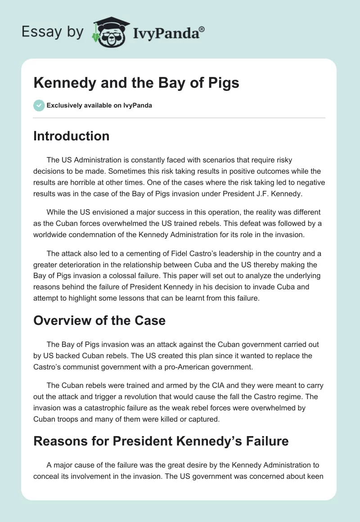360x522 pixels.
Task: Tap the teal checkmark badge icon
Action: (x=39, y=105)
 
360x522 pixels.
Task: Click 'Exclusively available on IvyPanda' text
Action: (x=99, y=106)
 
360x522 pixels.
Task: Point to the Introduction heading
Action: (x=71, y=136)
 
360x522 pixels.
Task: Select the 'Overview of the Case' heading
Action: (x=99, y=320)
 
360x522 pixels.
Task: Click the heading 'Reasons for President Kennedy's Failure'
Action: (x=161, y=441)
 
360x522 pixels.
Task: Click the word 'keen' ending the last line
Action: (x=315, y=476)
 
